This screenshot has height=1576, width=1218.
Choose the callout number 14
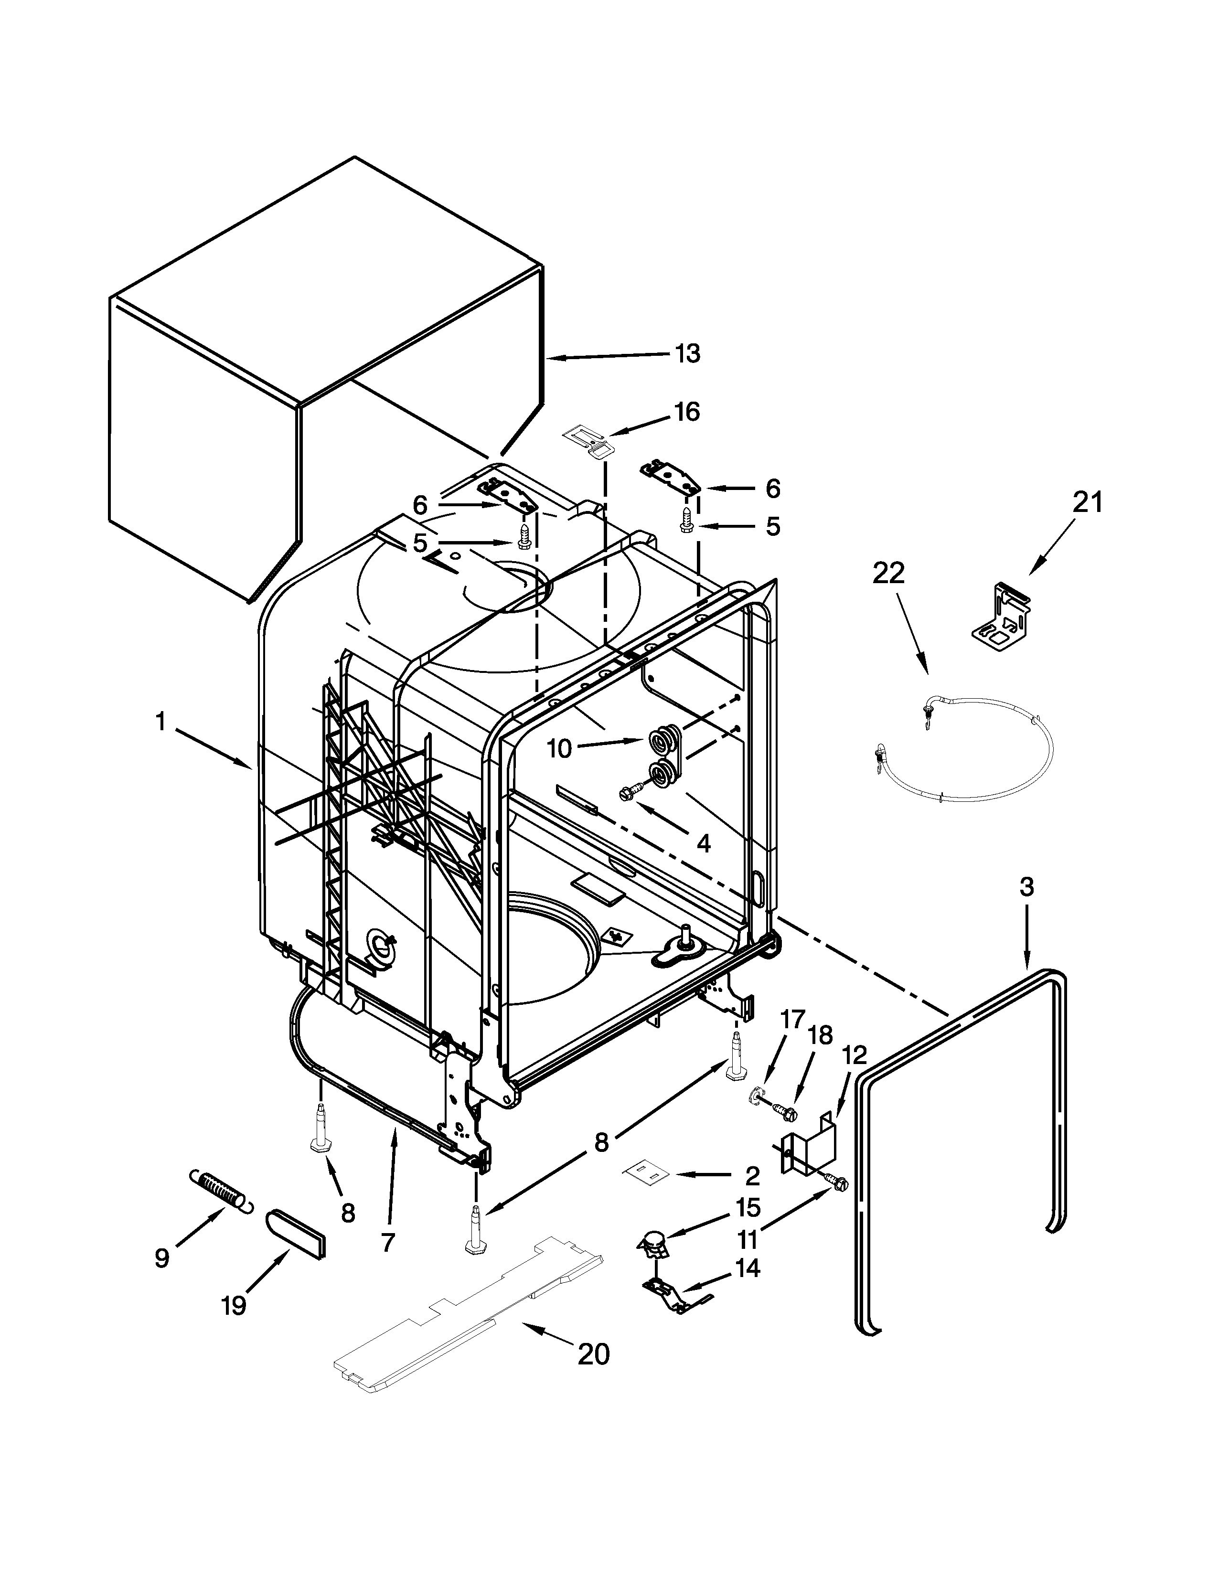[748, 1268]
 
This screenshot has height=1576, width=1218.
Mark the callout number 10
[560, 749]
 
